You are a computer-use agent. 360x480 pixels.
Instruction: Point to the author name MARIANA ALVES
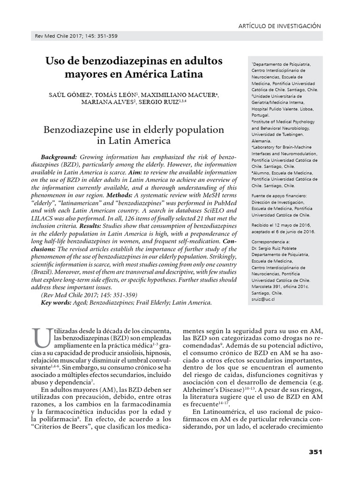(107, 103)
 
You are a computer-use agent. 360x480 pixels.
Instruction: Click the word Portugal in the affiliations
(261, 114)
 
